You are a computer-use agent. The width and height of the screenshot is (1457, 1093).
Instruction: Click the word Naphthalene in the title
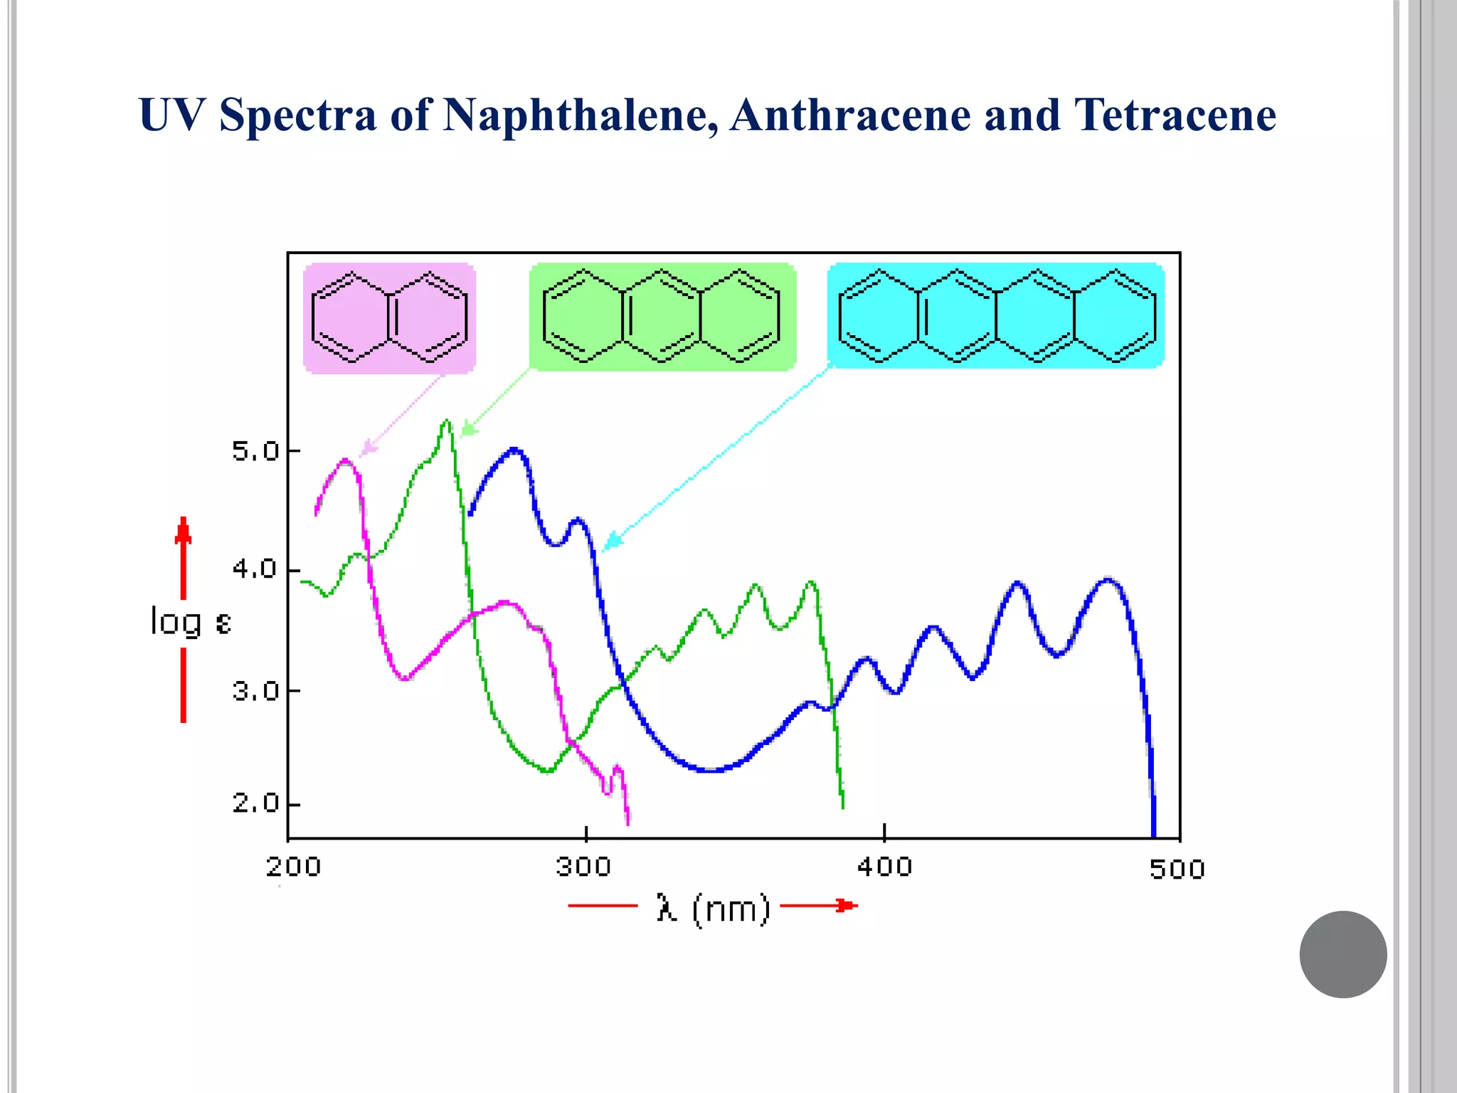[x=579, y=115]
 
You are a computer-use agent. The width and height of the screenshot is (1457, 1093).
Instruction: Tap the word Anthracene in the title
[x=849, y=115]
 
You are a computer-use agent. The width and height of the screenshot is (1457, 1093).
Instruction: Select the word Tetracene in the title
[x=1175, y=115]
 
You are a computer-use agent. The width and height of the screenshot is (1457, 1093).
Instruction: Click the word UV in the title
[x=171, y=115]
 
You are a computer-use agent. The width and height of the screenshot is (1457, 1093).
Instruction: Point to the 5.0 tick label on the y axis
[x=255, y=451]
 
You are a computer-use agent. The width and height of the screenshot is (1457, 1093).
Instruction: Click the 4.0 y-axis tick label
[x=255, y=569]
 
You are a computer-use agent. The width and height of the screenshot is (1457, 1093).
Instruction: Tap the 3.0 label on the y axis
[x=255, y=690]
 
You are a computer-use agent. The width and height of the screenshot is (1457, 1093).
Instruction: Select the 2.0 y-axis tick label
[x=255, y=803]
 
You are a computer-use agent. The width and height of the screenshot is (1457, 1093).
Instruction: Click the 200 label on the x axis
[x=293, y=867]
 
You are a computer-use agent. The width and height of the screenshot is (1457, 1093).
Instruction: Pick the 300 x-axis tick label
[x=583, y=867]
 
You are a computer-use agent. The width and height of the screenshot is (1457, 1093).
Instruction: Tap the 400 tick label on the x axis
[x=884, y=867]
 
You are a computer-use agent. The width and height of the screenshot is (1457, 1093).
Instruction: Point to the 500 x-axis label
[x=1177, y=869]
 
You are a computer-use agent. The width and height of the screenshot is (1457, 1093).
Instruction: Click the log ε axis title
[x=191, y=622]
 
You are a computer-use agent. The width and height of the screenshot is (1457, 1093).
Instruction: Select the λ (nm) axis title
[x=713, y=909]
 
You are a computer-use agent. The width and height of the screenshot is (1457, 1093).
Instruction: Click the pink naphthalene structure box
[x=389, y=317]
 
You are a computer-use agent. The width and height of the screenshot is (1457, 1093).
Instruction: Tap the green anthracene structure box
[x=662, y=317]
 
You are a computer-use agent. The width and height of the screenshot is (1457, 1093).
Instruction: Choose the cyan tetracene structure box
[x=995, y=315]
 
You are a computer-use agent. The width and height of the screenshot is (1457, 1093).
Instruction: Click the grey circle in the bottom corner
[x=1342, y=954]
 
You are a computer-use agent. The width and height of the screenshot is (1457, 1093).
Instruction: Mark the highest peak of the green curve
[x=446, y=421]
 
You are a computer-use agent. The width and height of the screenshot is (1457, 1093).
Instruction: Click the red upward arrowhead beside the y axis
[x=183, y=530]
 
